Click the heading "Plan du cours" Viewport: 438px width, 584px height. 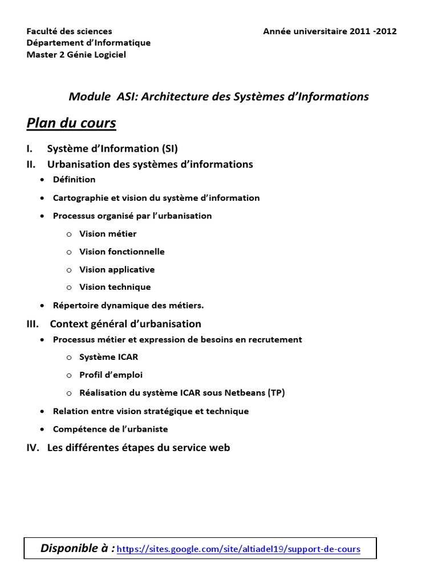(x=71, y=123)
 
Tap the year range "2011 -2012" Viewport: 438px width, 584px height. (x=373, y=31)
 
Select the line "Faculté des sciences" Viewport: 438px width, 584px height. (x=70, y=31)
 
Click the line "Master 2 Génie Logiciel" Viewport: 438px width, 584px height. (x=76, y=55)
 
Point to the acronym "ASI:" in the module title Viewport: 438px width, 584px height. (x=127, y=96)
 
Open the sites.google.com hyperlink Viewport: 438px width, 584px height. (x=239, y=549)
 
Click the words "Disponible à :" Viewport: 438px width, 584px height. (x=78, y=549)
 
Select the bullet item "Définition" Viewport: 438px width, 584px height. (x=74, y=180)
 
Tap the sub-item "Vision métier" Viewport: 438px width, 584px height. (x=108, y=234)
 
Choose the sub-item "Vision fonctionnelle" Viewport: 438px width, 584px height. (x=122, y=252)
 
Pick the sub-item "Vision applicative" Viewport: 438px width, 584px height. (x=117, y=269)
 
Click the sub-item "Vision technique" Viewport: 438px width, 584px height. (x=115, y=287)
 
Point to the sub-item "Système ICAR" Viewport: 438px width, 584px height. (x=109, y=357)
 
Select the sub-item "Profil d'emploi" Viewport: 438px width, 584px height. (x=111, y=375)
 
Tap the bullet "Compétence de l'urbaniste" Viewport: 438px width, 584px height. (x=111, y=429)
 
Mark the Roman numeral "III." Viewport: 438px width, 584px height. (x=33, y=324)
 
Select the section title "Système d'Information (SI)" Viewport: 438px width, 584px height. (x=112, y=149)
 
